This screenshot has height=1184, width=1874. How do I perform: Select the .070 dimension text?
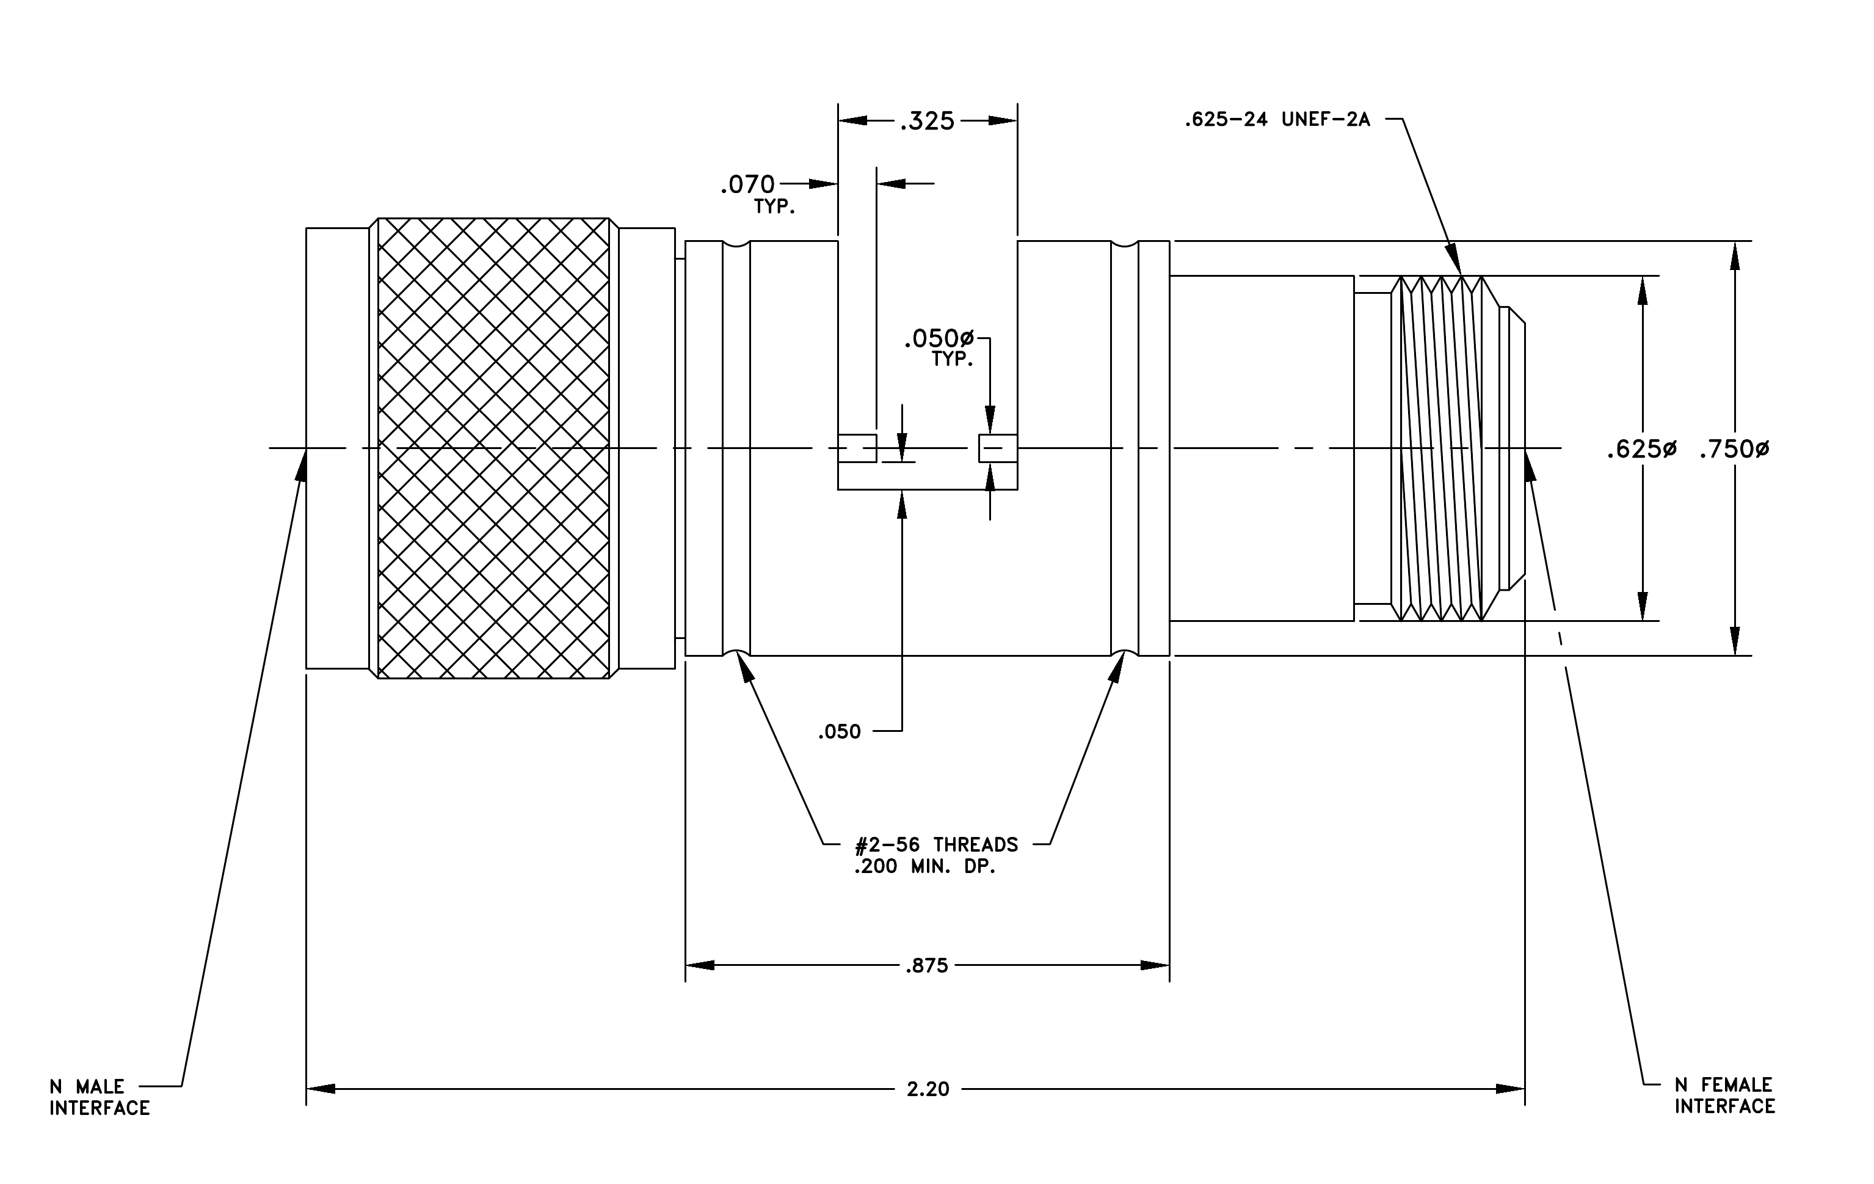747,185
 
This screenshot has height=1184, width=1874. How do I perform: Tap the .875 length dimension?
926,966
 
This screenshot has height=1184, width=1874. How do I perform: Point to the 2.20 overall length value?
928,1089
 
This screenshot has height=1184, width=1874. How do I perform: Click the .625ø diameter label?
1642,449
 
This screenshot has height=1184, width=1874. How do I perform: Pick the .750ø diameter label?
1734,449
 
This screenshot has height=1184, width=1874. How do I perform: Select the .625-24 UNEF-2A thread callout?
1277,120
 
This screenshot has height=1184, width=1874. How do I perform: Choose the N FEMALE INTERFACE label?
1726,1095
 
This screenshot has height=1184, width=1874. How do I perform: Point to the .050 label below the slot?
840,732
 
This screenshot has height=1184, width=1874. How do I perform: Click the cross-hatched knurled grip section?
493,448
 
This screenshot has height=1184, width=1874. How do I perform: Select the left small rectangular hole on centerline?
857,448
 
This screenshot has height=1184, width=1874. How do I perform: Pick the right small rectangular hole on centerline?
998,448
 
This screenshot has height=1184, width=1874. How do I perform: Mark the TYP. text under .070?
774,207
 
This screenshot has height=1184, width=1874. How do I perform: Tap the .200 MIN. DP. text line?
925,866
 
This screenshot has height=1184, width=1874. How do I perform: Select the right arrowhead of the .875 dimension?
1155,965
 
